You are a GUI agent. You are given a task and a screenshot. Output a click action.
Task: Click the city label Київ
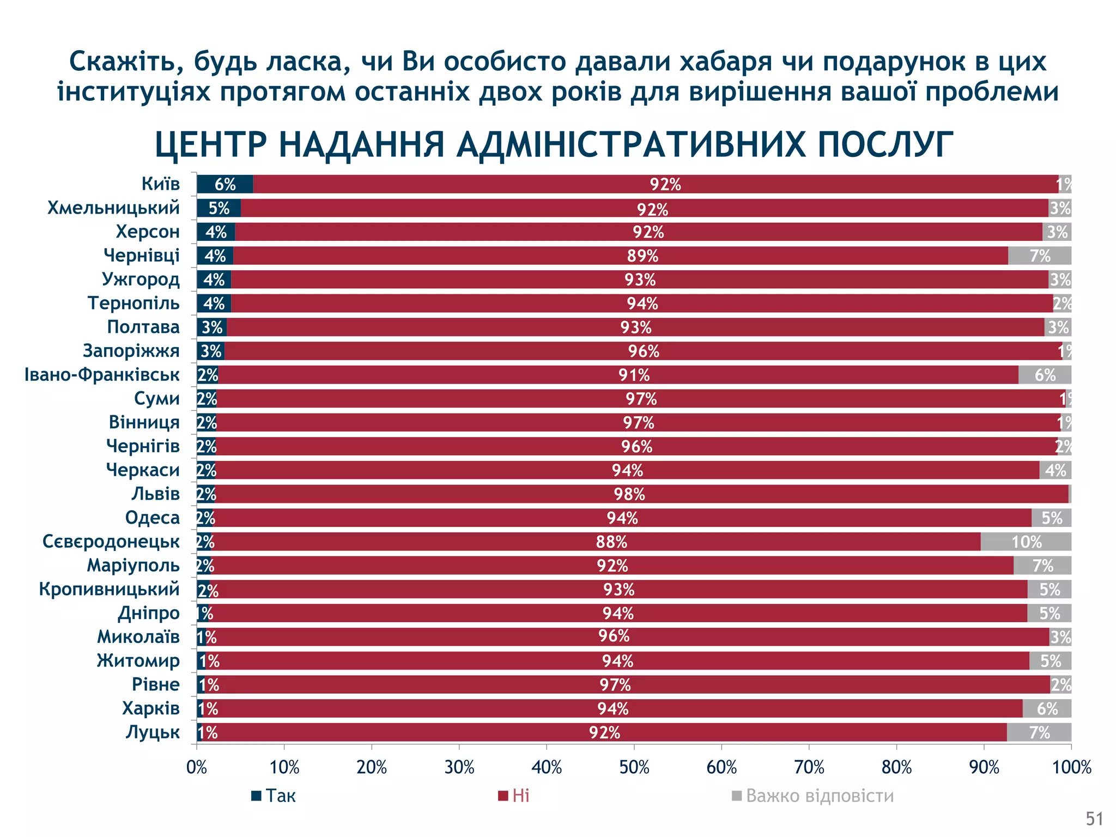coord(160,184)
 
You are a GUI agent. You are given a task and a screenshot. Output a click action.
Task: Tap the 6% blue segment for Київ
coord(225,184)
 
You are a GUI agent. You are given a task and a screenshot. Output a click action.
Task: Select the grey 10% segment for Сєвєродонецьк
coord(1026,542)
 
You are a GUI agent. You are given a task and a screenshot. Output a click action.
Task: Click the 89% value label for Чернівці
coord(642,256)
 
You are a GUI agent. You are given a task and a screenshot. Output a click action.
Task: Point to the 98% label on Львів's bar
coord(629,494)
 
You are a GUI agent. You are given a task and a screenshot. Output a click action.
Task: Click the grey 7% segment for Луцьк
coord(1039,733)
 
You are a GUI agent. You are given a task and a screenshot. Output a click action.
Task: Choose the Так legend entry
coord(274,796)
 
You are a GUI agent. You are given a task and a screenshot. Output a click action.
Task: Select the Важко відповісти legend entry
coord(812,796)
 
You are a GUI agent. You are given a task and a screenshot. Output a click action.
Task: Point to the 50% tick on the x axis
coord(634,768)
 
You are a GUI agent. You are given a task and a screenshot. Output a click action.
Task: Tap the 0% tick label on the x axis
coord(197,768)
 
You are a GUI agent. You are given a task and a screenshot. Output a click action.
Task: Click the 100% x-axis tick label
coord(1071,768)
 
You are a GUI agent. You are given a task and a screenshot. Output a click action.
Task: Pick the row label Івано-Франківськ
coord(102,375)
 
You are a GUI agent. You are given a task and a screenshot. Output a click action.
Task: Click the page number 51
coord(1094,819)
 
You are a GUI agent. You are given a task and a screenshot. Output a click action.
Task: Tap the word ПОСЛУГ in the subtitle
coord(884,145)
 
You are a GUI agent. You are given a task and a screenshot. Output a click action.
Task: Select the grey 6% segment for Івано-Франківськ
coord(1045,375)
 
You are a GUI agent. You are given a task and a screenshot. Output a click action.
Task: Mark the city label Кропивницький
coord(109,589)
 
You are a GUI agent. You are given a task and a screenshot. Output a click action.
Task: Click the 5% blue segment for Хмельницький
coord(219,208)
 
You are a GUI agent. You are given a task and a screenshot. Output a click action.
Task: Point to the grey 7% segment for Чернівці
coord(1040,256)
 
